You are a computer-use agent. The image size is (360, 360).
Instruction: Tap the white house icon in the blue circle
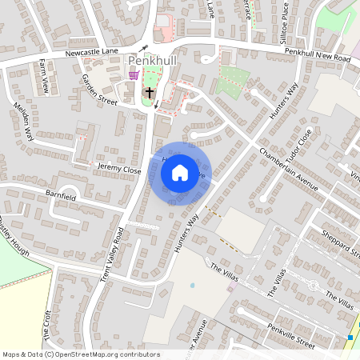(x=180, y=173)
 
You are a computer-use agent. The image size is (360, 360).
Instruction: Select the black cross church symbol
(x=149, y=94)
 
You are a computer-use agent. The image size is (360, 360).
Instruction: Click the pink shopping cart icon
(x=134, y=75)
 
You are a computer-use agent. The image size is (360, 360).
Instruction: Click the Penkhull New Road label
(x=318, y=55)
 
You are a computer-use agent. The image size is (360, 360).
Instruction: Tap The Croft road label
(x=48, y=320)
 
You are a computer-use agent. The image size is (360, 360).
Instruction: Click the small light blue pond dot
(x=193, y=285)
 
